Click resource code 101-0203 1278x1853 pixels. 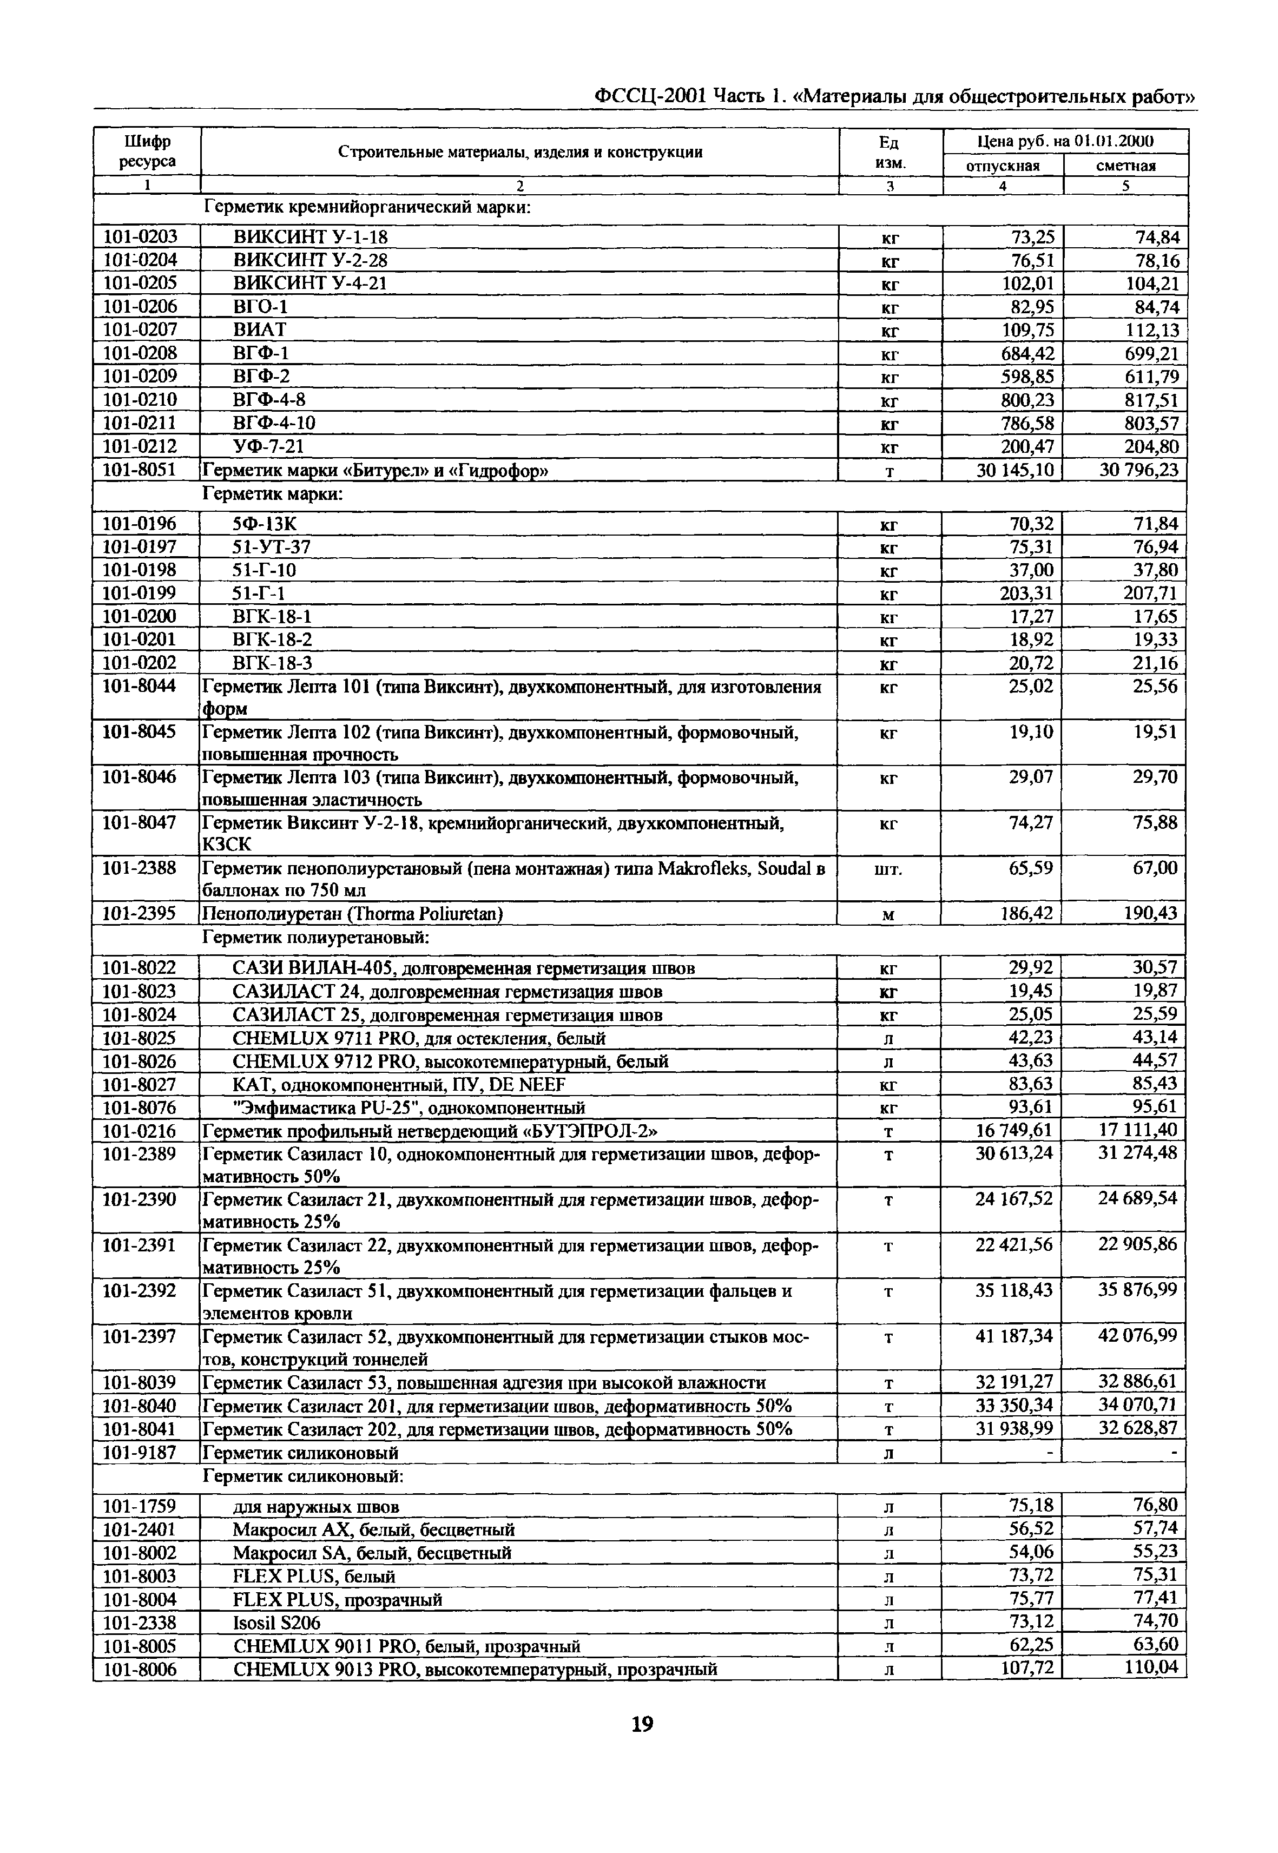(140, 236)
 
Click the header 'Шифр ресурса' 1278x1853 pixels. (147, 151)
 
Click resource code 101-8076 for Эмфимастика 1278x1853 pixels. (140, 1107)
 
